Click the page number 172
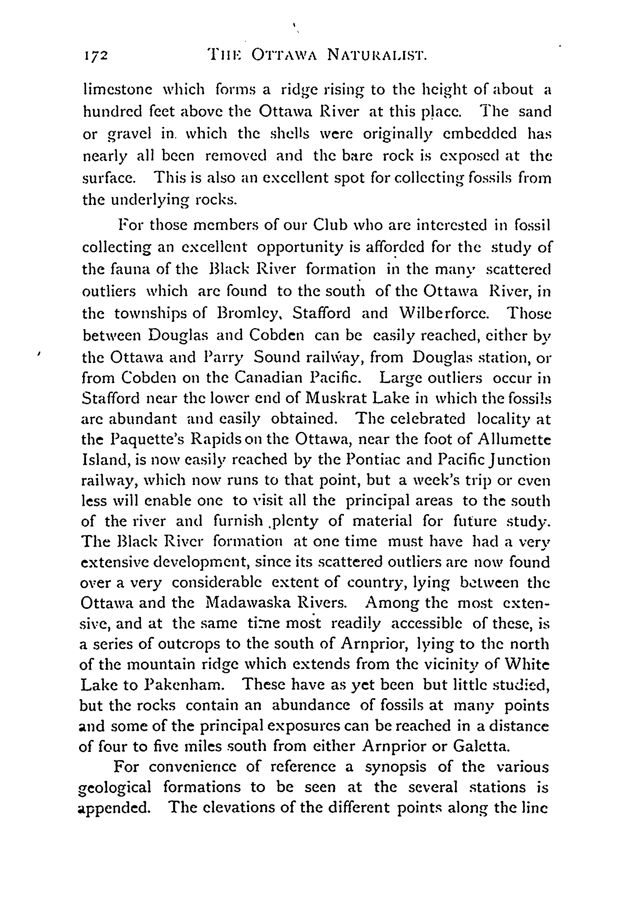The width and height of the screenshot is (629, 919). coord(96,56)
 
